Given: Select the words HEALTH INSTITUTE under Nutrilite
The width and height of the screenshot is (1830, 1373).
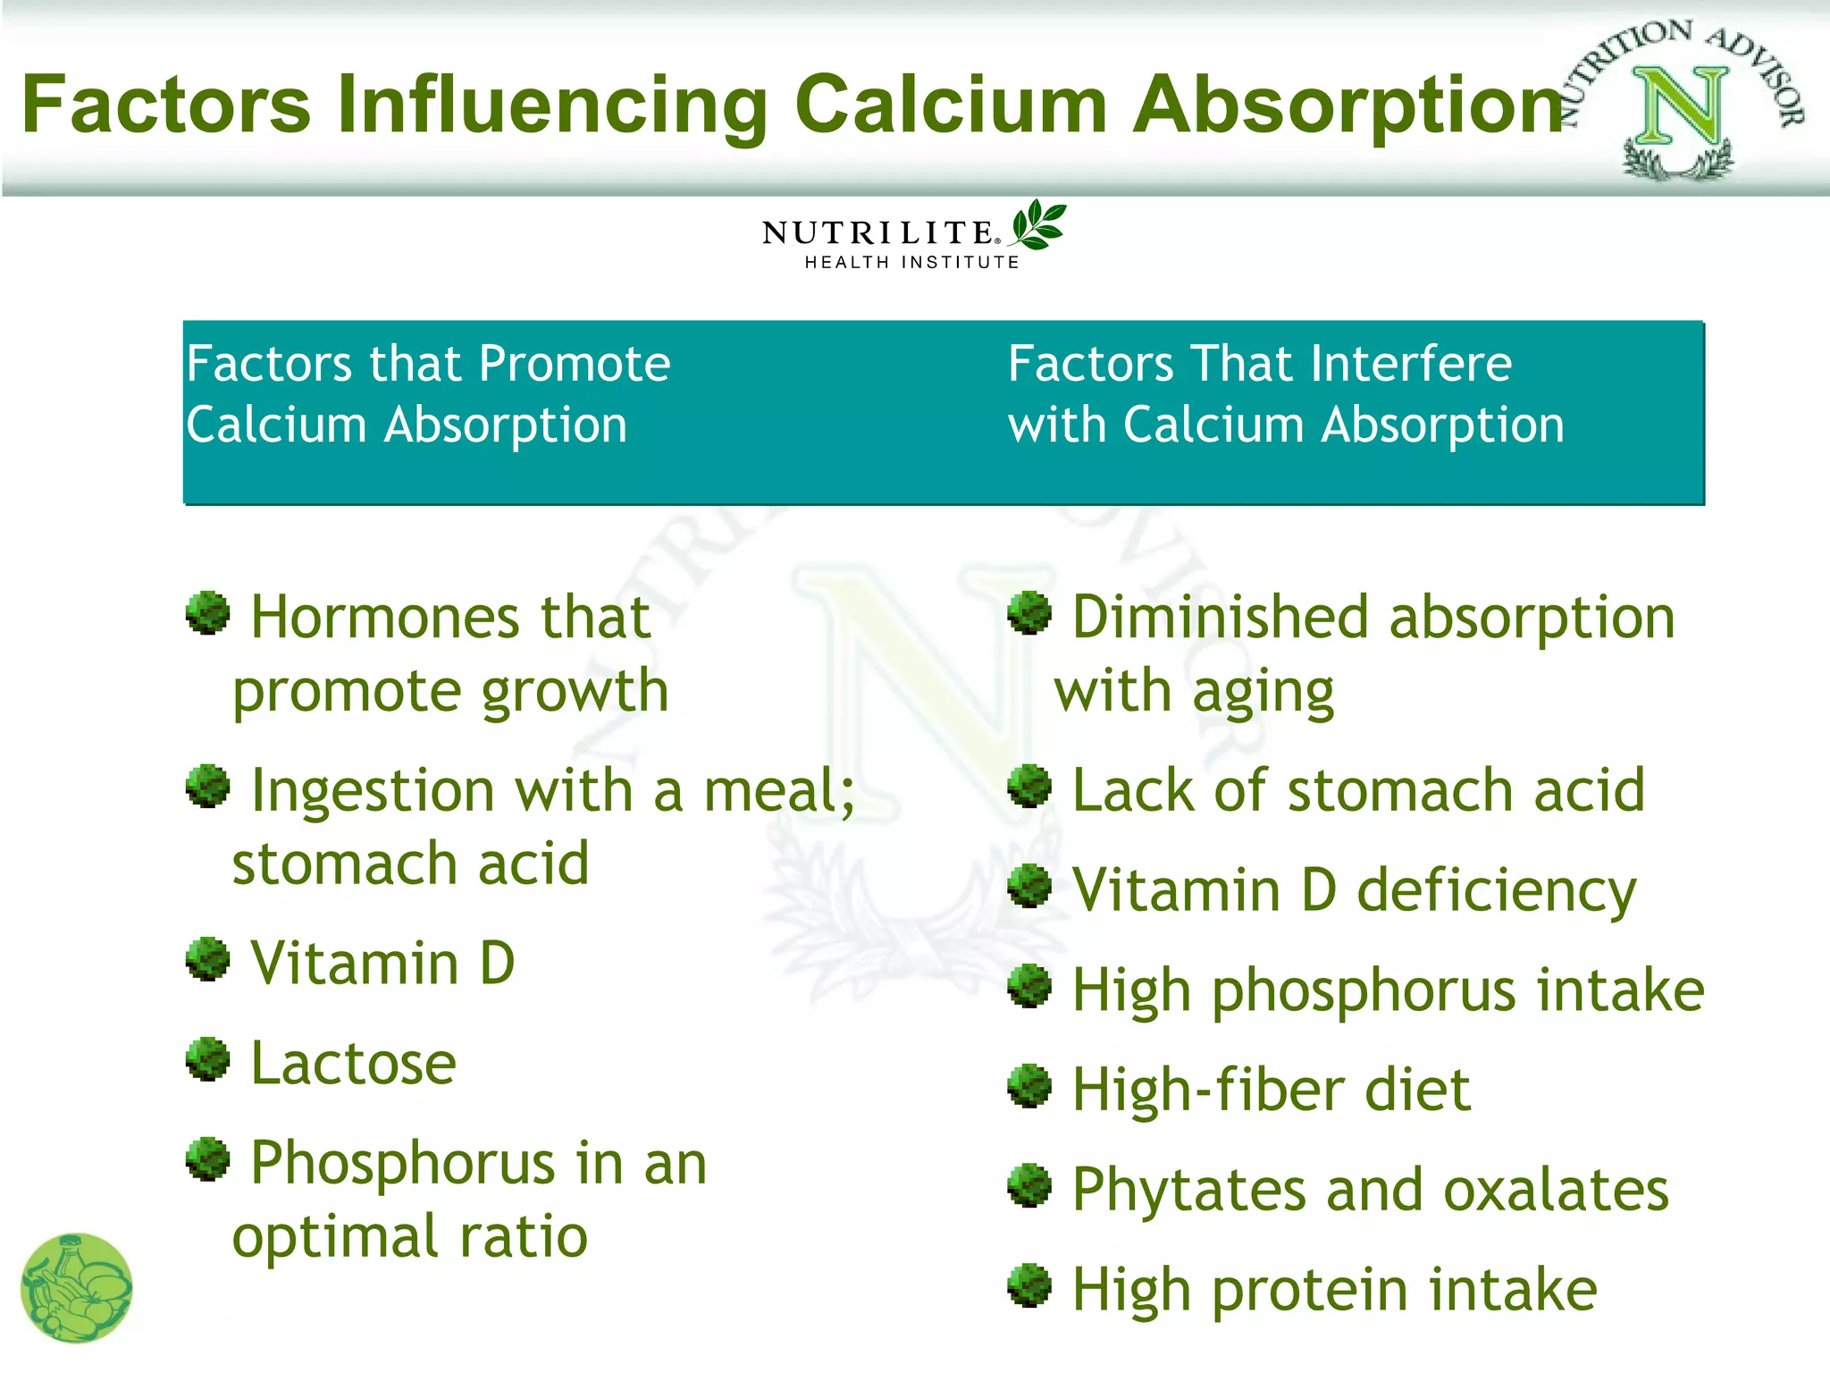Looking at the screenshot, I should pos(911,263).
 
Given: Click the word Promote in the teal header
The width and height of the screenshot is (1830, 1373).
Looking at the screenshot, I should pos(574,365).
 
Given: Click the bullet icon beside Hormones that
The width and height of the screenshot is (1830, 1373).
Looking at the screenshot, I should pos(208,613).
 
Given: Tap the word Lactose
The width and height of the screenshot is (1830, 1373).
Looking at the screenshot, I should pos(353,1064).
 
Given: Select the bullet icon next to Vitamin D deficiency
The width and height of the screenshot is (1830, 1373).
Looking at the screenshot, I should pos(1029,887).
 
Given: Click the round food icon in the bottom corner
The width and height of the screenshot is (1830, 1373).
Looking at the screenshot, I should pos(77,1288).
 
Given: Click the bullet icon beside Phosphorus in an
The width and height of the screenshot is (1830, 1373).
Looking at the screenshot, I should pos(208,1159).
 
